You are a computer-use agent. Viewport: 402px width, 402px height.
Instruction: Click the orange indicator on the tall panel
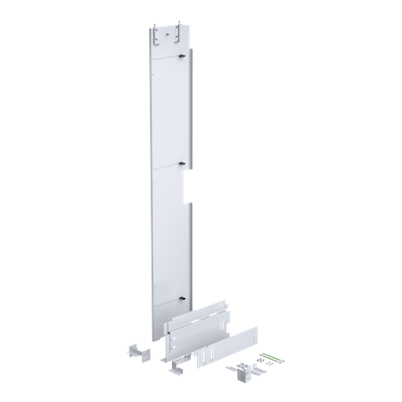166,35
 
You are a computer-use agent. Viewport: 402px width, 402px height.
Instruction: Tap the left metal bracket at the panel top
158,31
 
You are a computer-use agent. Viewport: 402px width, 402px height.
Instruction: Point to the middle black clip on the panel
182,163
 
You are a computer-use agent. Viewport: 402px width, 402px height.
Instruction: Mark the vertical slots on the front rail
206,356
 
